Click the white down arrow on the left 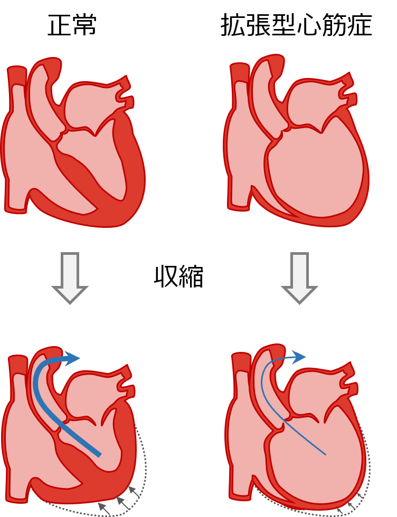(x=70, y=276)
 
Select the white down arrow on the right (x=299, y=276)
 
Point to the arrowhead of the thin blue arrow (x=299, y=357)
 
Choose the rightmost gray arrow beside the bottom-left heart (x=134, y=491)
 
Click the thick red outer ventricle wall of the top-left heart (x=135, y=174)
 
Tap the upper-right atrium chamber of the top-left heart (x=92, y=106)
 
